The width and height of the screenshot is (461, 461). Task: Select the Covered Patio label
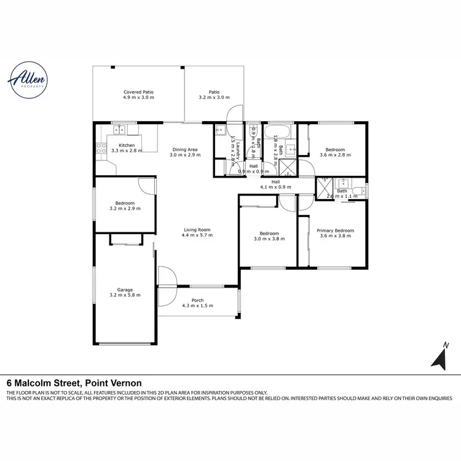[x=138, y=92]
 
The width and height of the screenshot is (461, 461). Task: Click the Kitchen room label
[x=127, y=145]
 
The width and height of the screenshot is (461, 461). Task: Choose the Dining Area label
[x=184, y=149]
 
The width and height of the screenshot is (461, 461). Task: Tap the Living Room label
[x=197, y=230]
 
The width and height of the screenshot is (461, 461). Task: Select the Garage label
[x=125, y=290]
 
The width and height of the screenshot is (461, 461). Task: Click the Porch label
[x=197, y=300]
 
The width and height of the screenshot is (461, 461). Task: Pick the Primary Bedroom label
[x=335, y=230]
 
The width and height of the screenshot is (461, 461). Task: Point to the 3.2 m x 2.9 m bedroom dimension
[x=125, y=208]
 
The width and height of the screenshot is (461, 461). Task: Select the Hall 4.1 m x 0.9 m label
[x=275, y=184]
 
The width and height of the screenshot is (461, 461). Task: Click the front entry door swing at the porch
[x=166, y=277]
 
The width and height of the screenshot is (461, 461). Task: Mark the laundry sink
[x=221, y=130]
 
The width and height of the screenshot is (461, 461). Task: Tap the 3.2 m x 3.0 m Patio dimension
[x=214, y=97]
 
